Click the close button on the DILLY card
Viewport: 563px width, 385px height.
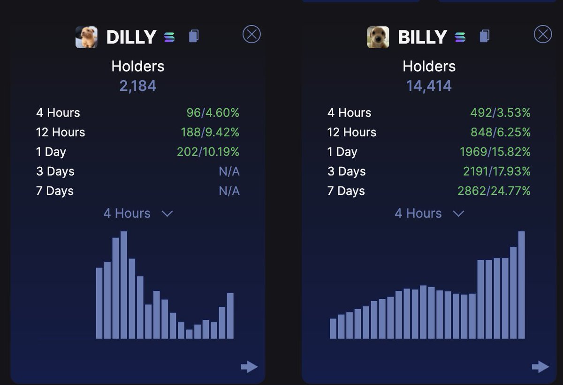pos(251,34)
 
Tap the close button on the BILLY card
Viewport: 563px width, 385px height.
pos(543,34)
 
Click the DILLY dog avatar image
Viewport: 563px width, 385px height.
pos(87,37)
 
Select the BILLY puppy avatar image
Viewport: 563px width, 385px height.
pos(378,37)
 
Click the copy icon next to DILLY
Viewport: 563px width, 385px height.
pos(194,36)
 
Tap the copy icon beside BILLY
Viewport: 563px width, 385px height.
pos(485,36)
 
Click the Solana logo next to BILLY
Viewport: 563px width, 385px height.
pos(460,37)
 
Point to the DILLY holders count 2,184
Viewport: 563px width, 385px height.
pos(137,86)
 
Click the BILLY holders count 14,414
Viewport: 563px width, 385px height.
pos(429,86)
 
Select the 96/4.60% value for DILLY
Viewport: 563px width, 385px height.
pos(213,113)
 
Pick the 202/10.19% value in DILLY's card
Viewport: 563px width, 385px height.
pos(208,152)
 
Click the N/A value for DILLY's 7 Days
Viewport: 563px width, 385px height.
pos(229,191)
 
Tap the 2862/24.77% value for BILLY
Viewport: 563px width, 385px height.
pos(494,191)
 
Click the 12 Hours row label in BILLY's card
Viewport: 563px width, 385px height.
pos(352,133)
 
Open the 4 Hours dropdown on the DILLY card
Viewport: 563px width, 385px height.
pos(138,214)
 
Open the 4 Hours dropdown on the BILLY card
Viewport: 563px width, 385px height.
pos(429,214)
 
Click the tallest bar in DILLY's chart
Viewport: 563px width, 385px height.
pos(124,285)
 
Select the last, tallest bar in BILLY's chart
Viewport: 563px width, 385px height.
pos(521,285)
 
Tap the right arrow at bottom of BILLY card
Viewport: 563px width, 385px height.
pos(540,367)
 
